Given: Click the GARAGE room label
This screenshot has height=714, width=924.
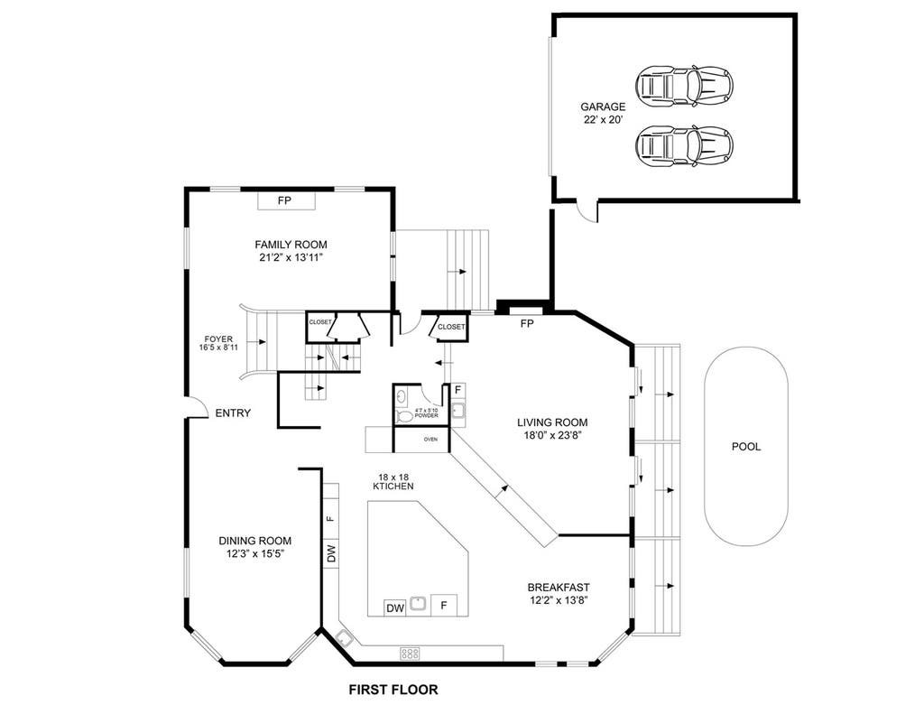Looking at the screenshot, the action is (x=603, y=107).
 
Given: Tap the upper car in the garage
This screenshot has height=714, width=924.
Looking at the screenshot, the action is (x=684, y=86).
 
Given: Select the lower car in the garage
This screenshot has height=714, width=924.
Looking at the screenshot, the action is (x=684, y=145).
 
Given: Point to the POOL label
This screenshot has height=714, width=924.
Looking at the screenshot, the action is (x=746, y=447).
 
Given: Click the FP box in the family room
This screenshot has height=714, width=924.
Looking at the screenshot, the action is (x=286, y=200).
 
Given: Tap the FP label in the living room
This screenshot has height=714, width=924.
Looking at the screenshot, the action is (x=527, y=324).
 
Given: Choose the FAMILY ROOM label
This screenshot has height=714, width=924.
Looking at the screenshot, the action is (x=291, y=244).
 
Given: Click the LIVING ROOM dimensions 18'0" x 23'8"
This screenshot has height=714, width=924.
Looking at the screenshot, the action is (x=552, y=436).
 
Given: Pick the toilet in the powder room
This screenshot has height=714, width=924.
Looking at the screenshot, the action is (x=405, y=417).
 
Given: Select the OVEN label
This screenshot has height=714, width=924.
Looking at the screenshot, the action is (x=430, y=440).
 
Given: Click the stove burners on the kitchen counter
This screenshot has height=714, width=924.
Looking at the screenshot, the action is (x=411, y=654).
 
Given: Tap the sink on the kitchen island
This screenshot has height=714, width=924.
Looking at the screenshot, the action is (x=419, y=604).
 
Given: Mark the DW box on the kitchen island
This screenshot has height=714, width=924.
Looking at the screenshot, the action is (x=395, y=607).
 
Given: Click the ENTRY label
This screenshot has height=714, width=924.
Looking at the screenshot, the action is (x=233, y=413).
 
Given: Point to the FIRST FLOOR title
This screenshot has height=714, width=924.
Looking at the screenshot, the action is (x=393, y=690).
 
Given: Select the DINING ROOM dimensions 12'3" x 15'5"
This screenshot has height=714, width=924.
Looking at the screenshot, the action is (x=255, y=553).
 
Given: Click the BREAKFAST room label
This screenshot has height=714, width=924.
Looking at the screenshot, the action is (x=559, y=588).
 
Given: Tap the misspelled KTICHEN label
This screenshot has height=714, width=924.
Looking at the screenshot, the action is (x=393, y=487).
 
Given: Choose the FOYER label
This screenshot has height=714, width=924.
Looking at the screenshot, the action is (x=218, y=339).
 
